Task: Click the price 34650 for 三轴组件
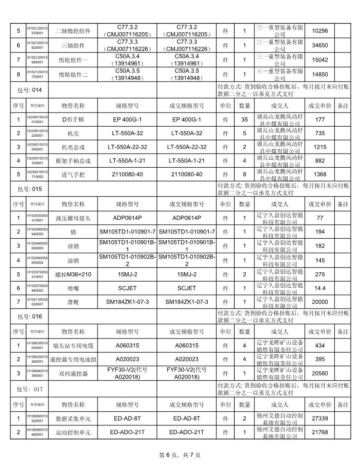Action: [x=319, y=45]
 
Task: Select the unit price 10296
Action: [x=319, y=31]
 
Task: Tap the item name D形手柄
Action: [x=73, y=120]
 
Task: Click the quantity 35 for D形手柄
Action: [x=244, y=120]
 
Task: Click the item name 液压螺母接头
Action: [x=73, y=218]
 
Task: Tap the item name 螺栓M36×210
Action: [x=73, y=274]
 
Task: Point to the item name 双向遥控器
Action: [x=73, y=373]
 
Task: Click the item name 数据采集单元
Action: [x=73, y=418]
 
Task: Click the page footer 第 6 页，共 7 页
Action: [x=180, y=455]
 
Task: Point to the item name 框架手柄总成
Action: [x=73, y=161]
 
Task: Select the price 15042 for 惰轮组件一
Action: [x=319, y=60]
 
